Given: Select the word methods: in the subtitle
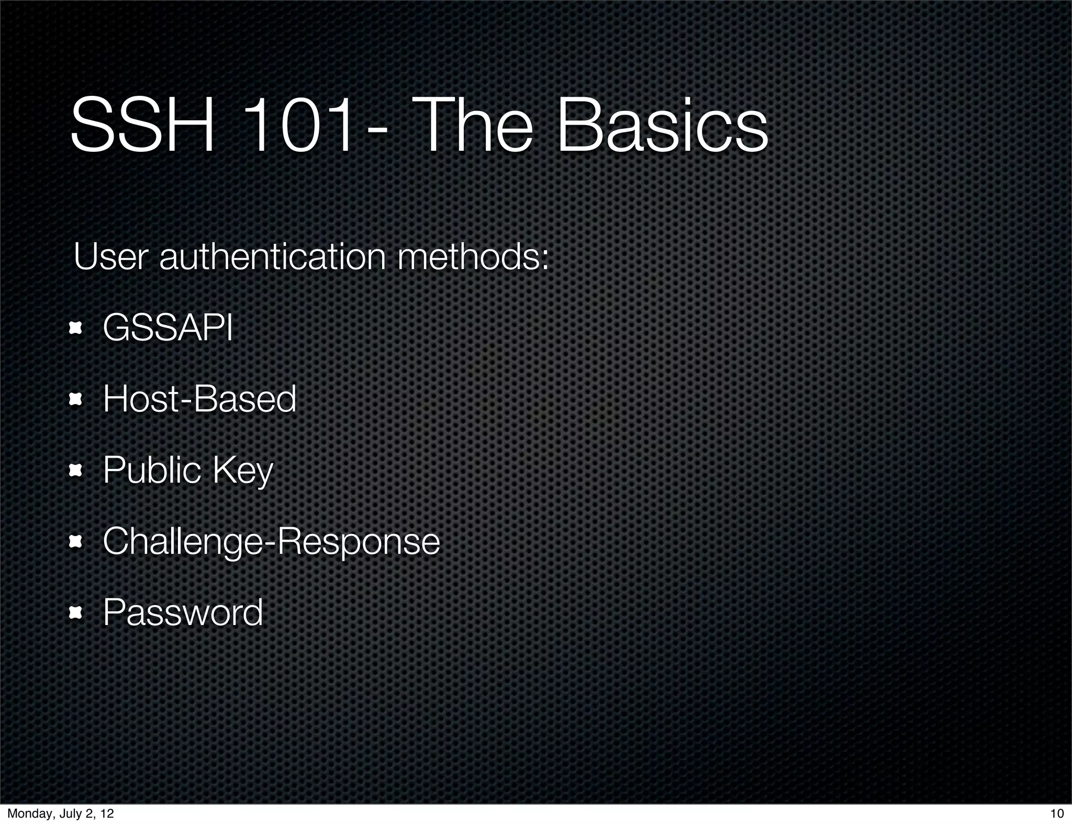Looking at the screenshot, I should click(473, 257).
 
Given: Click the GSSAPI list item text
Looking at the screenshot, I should click(167, 328).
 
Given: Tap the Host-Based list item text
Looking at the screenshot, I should click(199, 399).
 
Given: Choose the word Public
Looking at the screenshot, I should click(152, 470).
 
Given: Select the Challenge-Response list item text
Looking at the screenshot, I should click(271, 541).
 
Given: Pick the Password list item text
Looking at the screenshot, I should click(183, 612).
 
